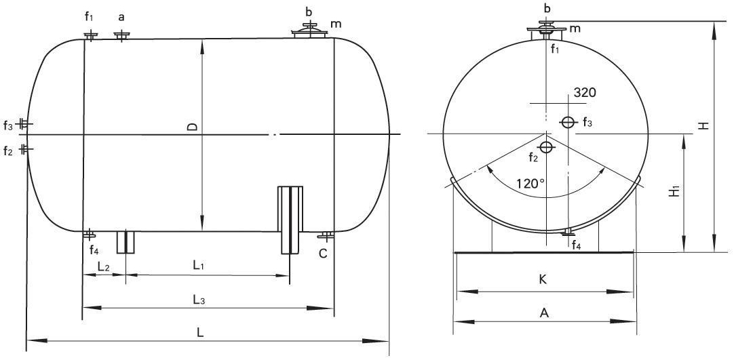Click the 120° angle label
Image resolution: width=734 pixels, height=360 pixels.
point(531,182)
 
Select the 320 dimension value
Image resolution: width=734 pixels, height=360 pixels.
point(585,93)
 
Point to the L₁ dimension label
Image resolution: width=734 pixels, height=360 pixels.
point(199,266)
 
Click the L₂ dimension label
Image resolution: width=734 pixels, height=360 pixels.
point(104,266)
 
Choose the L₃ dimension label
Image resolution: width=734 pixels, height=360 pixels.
point(199,300)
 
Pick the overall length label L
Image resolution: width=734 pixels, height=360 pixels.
point(200,332)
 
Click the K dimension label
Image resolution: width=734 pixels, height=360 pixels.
point(543,279)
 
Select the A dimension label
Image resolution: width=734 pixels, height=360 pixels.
point(544,313)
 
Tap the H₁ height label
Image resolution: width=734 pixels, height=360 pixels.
point(674,191)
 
